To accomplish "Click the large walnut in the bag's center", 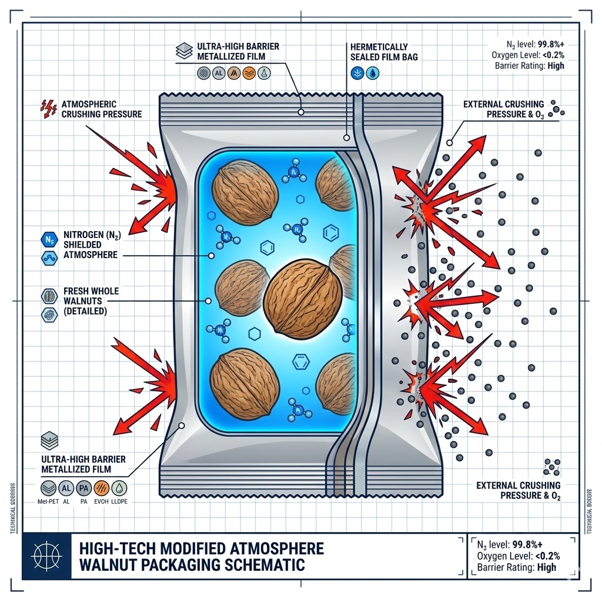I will point(303,300).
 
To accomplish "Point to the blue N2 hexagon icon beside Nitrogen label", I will point(49,238).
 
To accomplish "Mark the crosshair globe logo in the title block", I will point(46,556).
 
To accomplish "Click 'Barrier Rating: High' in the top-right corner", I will point(530,65).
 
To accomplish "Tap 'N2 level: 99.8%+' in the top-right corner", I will point(534,43).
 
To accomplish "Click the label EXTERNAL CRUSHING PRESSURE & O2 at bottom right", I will point(518,490).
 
